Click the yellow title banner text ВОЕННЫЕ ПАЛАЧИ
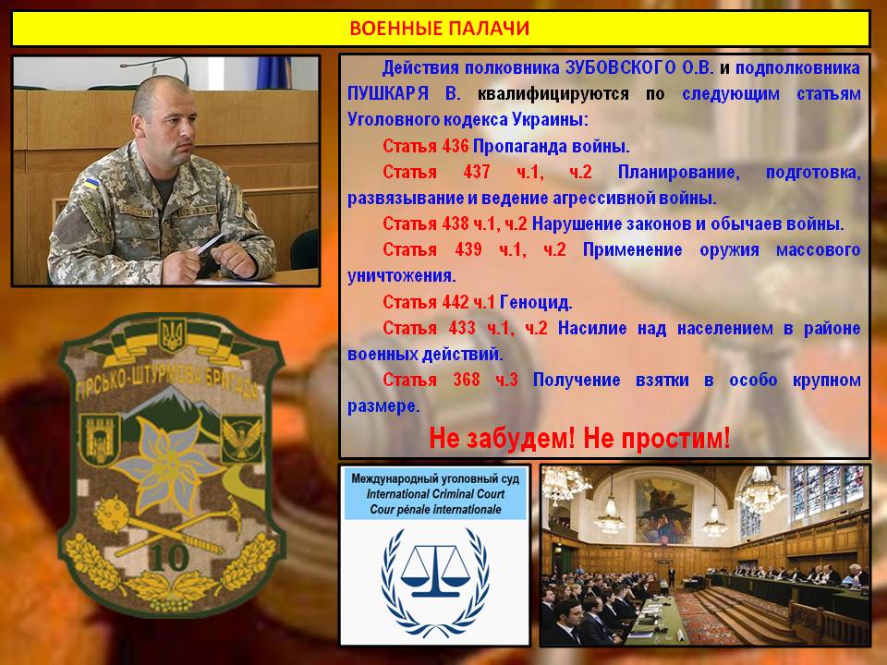click(440, 29)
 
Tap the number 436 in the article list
click(456, 147)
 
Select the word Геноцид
click(536, 303)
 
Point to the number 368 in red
click(467, 380)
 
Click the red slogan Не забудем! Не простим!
click(579, 438)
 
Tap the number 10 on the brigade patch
click(169, 557)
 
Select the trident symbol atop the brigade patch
click(172, 334)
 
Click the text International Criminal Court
click(435, 493)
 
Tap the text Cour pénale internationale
click(435, 510)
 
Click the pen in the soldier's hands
click(210, 244)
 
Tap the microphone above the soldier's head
click(154, 67)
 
